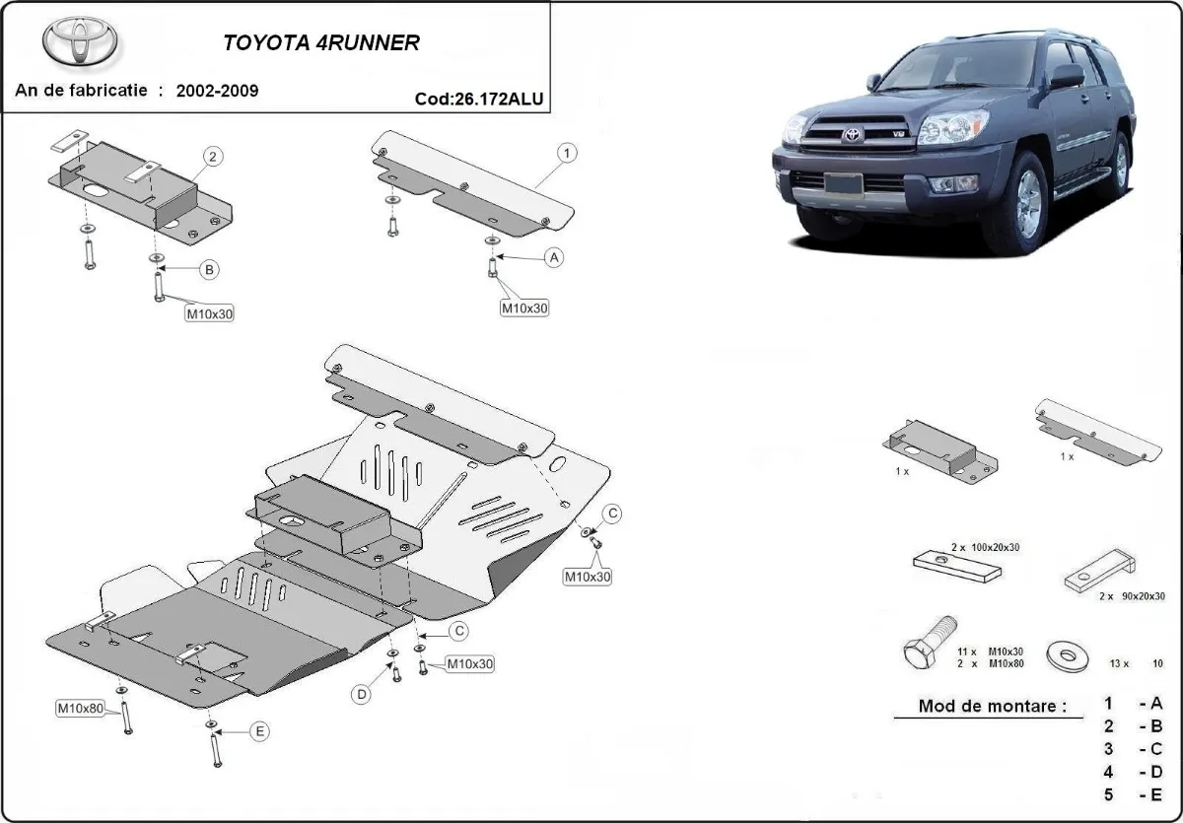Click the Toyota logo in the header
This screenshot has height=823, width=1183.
pos(80,41)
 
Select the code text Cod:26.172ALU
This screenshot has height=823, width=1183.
pos(478,99)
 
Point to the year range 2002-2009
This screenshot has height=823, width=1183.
pos(217,91)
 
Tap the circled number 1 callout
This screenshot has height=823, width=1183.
pos(568,153)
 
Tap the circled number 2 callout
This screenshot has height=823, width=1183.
pos(213,156)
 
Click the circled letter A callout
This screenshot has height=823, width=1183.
pos(554,257)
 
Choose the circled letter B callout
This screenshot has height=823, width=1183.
pos(209,269)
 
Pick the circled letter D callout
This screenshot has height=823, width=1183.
pos(362,695)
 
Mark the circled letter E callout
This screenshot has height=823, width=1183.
pos(259,731)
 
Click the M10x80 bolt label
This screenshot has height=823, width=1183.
pos(80,708)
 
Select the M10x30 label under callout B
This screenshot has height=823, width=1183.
pos(210,314)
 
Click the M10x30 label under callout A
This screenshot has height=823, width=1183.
pos(524,308)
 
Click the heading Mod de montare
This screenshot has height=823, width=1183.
pos(992,706)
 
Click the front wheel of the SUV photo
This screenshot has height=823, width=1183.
pos(1028,204)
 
